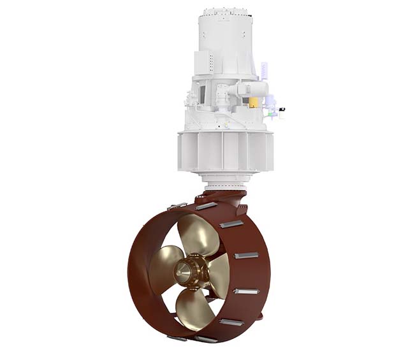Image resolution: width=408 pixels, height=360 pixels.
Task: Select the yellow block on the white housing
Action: [x=254, y=103]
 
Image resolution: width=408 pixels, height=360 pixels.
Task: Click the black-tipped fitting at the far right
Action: [x=281, y=109]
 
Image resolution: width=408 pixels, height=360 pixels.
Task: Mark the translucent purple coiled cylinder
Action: [x=264, y=71]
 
